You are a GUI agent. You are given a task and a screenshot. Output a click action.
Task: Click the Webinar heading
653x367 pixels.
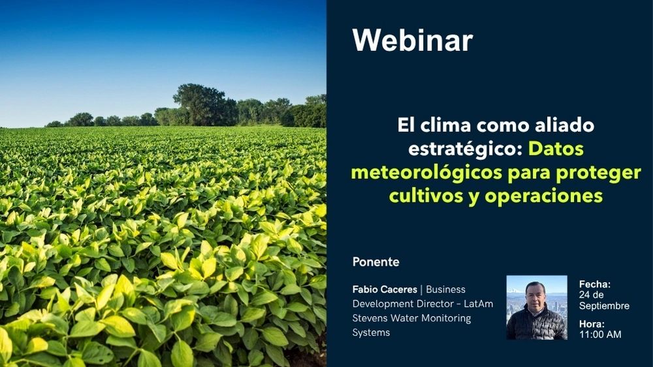[x=412, y=40]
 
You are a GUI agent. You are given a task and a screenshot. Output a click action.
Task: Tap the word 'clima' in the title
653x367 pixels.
[x=445, y=125]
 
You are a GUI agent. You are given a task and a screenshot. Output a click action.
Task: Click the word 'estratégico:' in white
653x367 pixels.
[x=465, y=149]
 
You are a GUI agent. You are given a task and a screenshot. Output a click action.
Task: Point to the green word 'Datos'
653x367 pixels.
[x=556, y=149]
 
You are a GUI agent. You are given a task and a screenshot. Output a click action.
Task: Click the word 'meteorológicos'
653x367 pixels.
[x=426, y=172]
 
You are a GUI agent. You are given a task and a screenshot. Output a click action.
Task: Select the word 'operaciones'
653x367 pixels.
[x=543, y=196]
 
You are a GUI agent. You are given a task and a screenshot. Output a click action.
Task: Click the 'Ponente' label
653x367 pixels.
[x=375, y=262]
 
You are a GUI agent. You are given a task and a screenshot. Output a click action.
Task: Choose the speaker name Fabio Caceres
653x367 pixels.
[x=385, y=289]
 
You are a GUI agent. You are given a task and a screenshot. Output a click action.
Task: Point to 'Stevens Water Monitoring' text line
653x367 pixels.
[x=411, y=318]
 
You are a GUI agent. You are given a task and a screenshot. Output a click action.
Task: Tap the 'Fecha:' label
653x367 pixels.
[x=595, y=285]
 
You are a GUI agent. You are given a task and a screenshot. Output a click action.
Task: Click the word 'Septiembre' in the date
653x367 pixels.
[x=604, y=306]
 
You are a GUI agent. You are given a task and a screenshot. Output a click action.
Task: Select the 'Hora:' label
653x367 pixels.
[x=592, y=324]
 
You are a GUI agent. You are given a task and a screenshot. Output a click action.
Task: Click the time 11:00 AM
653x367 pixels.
[x=600, y=334]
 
